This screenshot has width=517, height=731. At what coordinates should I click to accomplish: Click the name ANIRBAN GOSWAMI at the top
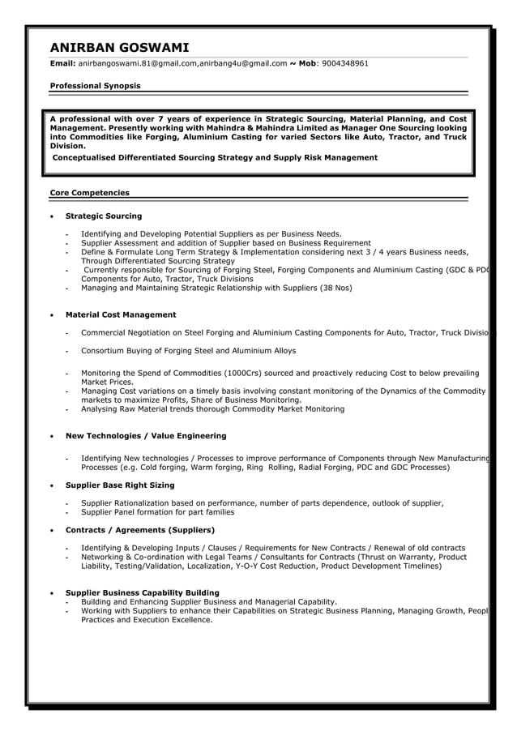tap(118, 47)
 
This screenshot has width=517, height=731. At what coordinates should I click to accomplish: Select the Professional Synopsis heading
tap(95, 85)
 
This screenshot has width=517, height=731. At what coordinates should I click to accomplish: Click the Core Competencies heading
tap(89, 193)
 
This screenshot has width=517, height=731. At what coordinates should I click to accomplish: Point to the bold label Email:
tap(62, 63)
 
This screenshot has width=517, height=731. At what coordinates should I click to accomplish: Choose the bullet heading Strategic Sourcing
tap(103, 216)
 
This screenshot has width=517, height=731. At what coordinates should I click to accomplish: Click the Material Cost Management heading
tap(120, 314)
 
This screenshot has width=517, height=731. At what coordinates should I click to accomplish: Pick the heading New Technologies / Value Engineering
tap(146, 436)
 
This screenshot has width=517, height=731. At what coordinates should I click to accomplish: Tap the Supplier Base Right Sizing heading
tap(119, 485)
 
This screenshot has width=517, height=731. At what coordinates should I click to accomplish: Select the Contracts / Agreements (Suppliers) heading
tap(139, 530)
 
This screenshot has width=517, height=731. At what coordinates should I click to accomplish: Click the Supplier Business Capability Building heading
tap(142, 592)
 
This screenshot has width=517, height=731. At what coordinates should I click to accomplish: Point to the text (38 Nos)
tap(336, 288)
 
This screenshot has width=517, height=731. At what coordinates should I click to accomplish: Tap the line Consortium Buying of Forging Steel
tap(188, 351)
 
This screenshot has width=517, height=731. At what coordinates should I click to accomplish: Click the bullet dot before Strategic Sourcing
tap(53, 217)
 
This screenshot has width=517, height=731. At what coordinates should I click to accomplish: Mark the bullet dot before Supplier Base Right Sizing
tap(53, 485)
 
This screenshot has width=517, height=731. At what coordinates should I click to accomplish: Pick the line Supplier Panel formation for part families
tap(157, 512)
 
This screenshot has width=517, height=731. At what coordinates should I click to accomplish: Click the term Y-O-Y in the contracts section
tap(258, 566)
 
